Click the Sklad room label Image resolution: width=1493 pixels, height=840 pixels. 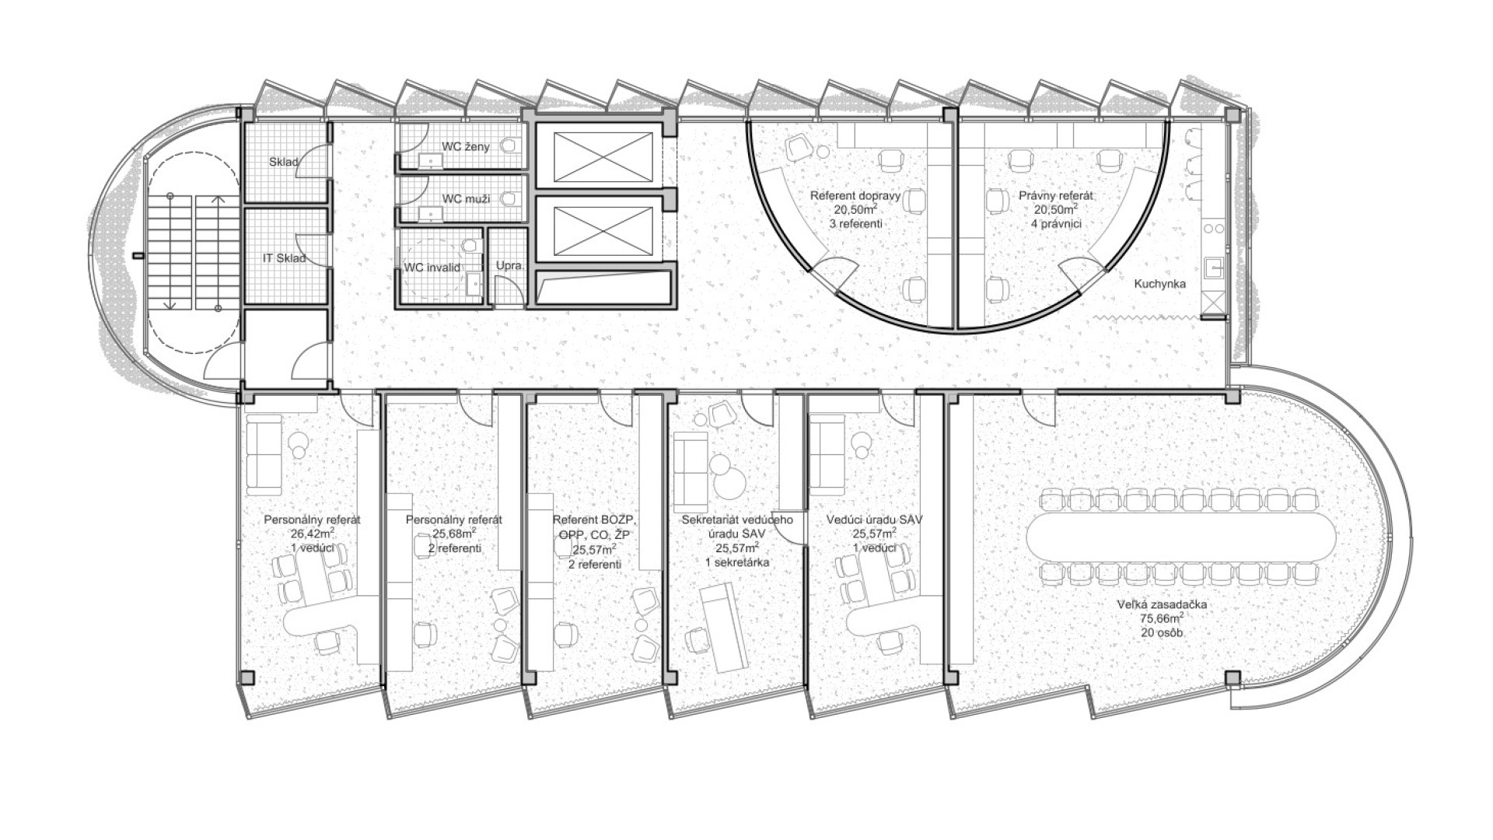click(x=285, y=162)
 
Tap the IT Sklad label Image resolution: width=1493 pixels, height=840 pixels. click(x=284, y=258)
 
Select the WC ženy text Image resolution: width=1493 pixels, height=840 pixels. click(x=466, y=146)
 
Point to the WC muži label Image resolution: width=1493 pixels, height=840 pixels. click(x=466, y=198)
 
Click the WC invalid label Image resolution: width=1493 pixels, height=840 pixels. click(x=432, y=268)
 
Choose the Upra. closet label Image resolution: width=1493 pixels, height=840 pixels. click(x=511, y=266)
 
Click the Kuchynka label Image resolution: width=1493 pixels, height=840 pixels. click(x=1160, y=284)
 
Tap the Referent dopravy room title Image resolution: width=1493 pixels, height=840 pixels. click(x=855, y=196)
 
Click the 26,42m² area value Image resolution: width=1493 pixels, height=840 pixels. click(x=313, y=534)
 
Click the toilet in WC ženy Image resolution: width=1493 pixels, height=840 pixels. click(x=510, y=145)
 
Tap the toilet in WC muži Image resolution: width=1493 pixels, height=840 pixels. click(x=509, y=199)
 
